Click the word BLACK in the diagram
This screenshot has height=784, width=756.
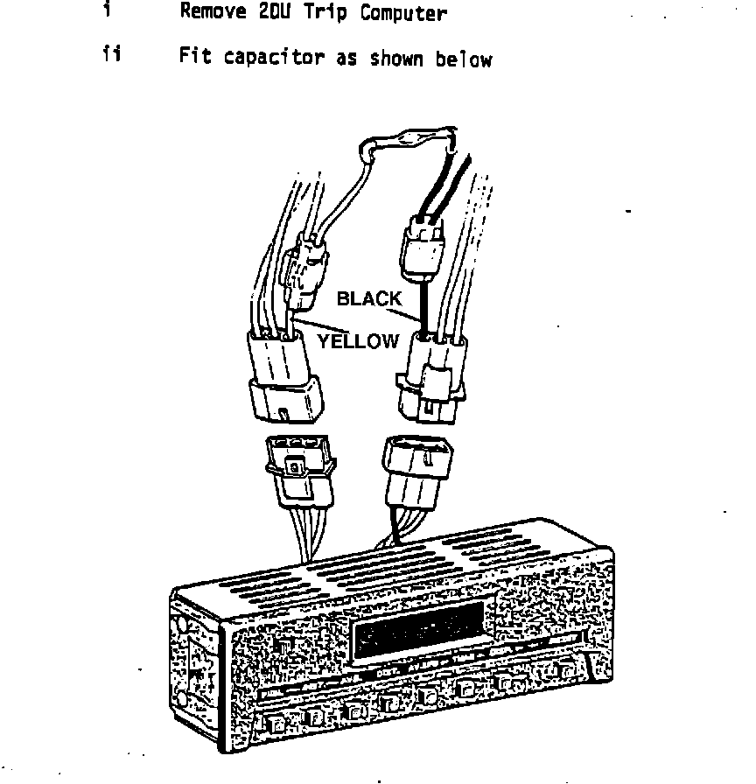tap(369, 299)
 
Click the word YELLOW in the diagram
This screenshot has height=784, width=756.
tap(357, 341)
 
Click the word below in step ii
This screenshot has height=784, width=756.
tap(464, 59)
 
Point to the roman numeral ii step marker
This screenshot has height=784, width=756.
tap(111, 55)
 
